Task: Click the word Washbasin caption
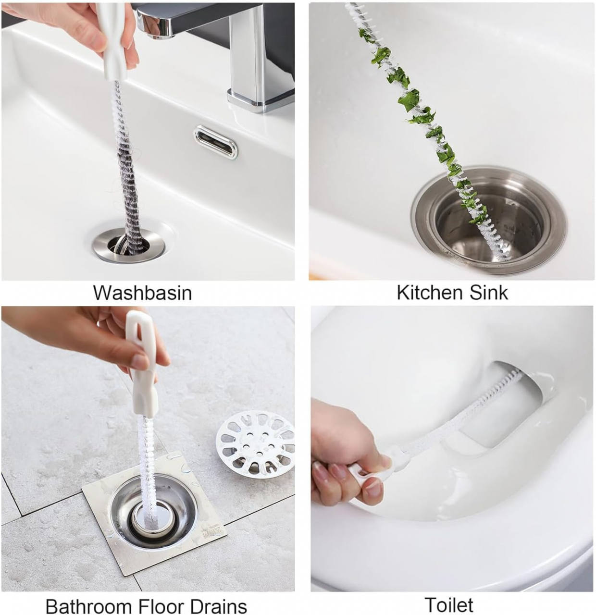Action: click(143, 293)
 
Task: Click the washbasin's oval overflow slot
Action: click(216, 142)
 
